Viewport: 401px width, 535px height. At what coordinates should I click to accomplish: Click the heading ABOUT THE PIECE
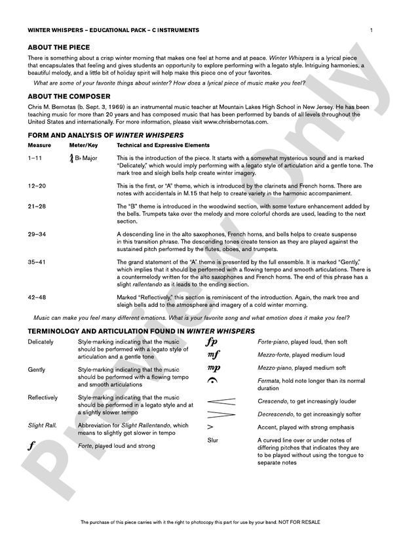pyautogui.click(x=59, y=48)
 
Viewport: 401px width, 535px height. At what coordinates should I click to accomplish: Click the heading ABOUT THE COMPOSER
pyautogui.click(x=67, y=96)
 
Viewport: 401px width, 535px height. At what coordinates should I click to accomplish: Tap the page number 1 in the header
pyautogui.click(x=371, y=30)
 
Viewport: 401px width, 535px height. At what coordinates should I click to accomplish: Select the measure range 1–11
pyautogui.click(x=36, y=158)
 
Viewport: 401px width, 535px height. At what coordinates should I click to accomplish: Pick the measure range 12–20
pyautogui.click(x=37, y=187)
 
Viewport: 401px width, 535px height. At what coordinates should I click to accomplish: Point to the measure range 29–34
pyautogui.click(x=37, y=234)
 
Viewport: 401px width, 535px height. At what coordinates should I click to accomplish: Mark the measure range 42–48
pyautogui.click(x=37, y=297)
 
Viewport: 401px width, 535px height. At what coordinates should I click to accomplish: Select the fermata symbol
pyautogui.click(x=212, y=381)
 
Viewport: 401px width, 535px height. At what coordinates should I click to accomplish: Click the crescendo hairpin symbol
pyautogui.click(x=221, y=401)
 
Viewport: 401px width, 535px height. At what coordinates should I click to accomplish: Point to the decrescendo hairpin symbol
pyautogui.click(x=221, y=414)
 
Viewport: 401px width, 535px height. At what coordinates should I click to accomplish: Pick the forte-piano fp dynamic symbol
pyautogui.click(x=212, y=342)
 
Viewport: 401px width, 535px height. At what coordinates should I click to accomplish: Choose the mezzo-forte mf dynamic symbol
pyautogui.click(x=213, y=355)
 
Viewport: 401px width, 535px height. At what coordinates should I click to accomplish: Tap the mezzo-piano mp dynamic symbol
pyautogui.click(x=214, y=368)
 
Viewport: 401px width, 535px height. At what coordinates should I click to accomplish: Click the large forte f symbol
pyautogui.click(x=32, y=446)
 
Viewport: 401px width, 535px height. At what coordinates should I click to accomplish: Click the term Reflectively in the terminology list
pyautogui.click(x=43, y=397)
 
